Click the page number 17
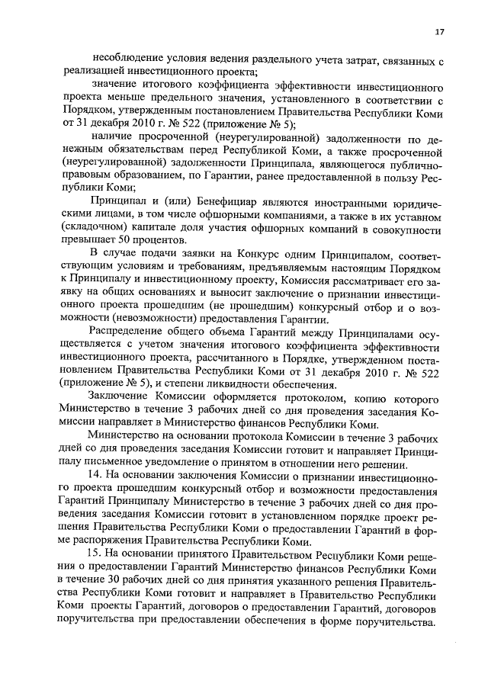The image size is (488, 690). coord(440,31)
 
